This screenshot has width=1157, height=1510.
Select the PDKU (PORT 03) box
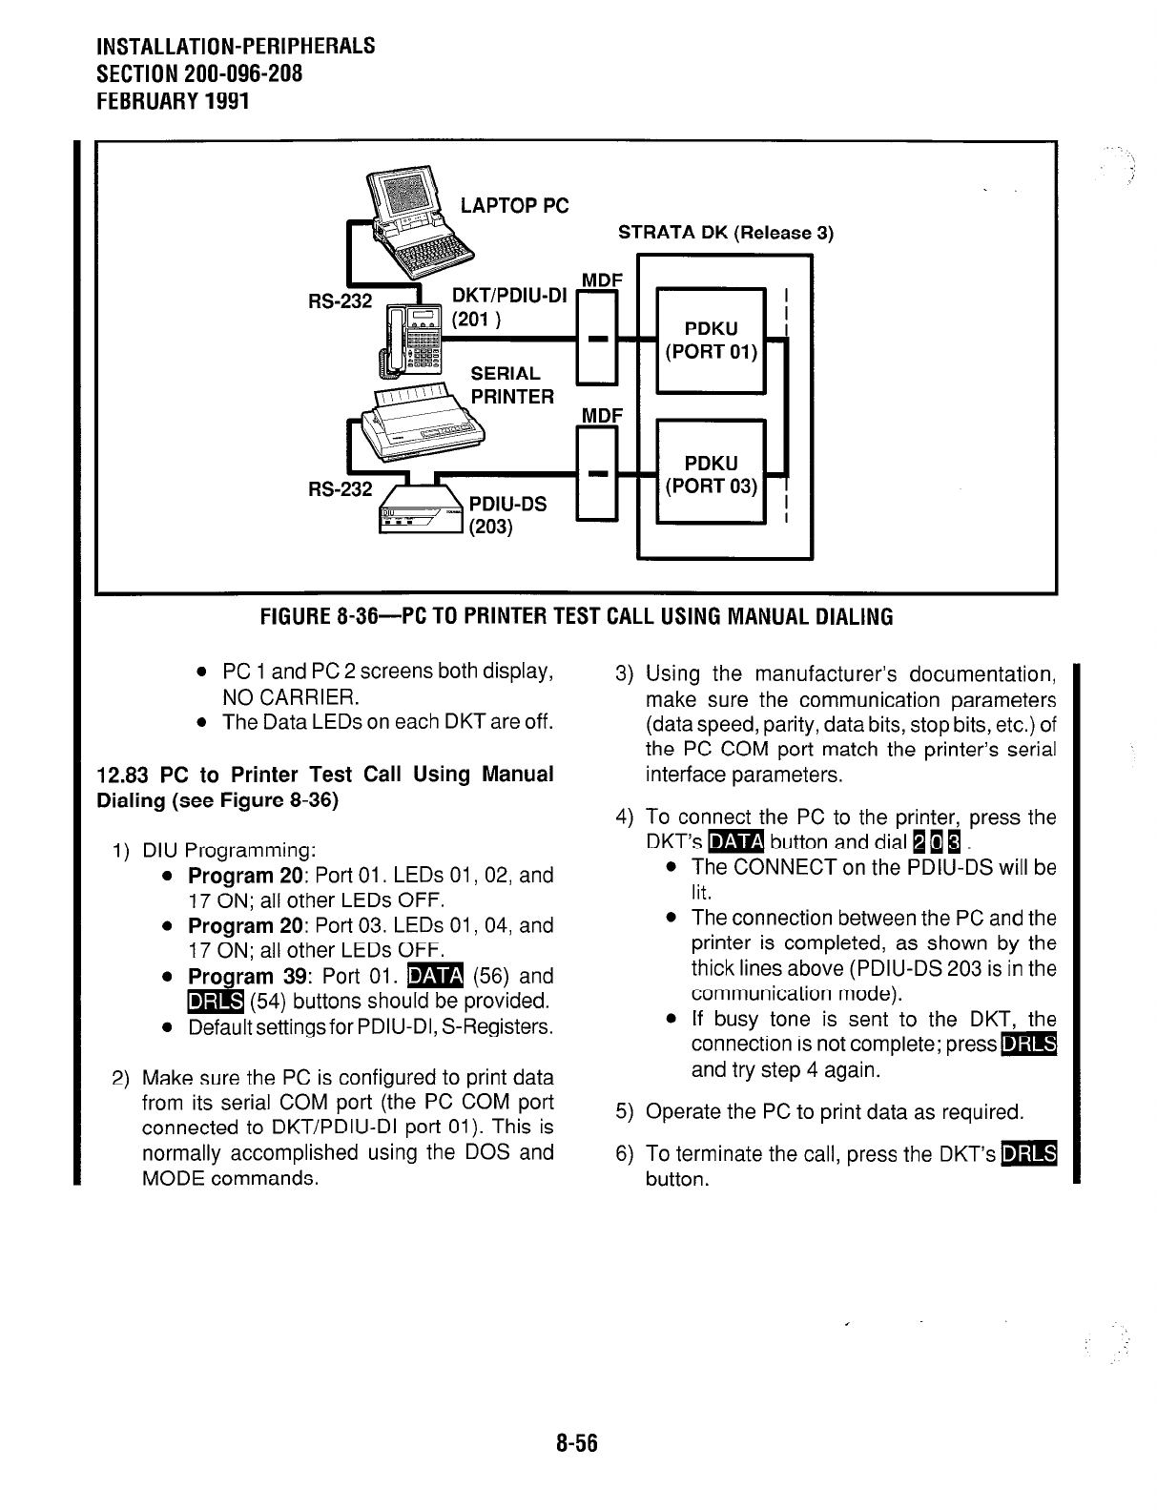[x=711, y=475]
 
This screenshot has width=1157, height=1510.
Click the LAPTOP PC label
[x=514, y=205]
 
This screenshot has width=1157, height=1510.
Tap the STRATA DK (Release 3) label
[x=726, y=233]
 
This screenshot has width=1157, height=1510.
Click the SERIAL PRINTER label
[x=512, y=384]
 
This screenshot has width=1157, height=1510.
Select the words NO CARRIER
[x=287, y=696]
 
